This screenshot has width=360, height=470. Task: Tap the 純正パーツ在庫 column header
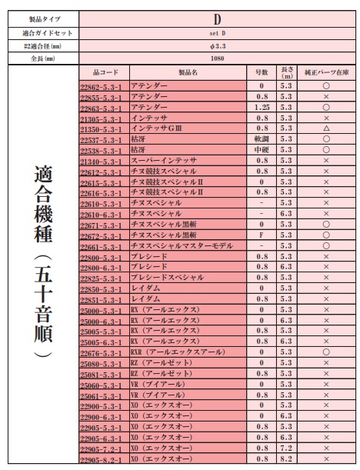[x=325, y=72]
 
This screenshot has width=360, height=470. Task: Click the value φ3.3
[x=217, y=45]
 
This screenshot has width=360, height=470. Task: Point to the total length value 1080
[x=217, y=58]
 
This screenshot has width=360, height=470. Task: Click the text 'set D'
[x=217, y=33]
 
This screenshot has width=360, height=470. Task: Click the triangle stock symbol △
[x=326, y=128]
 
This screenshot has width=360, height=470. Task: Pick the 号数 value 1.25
[x=262, y=108]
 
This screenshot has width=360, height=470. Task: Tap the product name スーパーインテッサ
[x=163, y=160]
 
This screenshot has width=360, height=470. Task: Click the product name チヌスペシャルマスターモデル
[x=182, y=245]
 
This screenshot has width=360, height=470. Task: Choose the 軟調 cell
[x=262, y=139]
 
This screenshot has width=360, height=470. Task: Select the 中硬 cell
[x=262, y=150]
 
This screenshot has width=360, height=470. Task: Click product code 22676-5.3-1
[x=103, y=352]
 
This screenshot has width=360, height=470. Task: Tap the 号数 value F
[x=262, y=235]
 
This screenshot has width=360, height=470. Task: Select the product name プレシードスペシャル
[x=168, y=277]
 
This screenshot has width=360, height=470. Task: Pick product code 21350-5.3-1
[x=103, y=129]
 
